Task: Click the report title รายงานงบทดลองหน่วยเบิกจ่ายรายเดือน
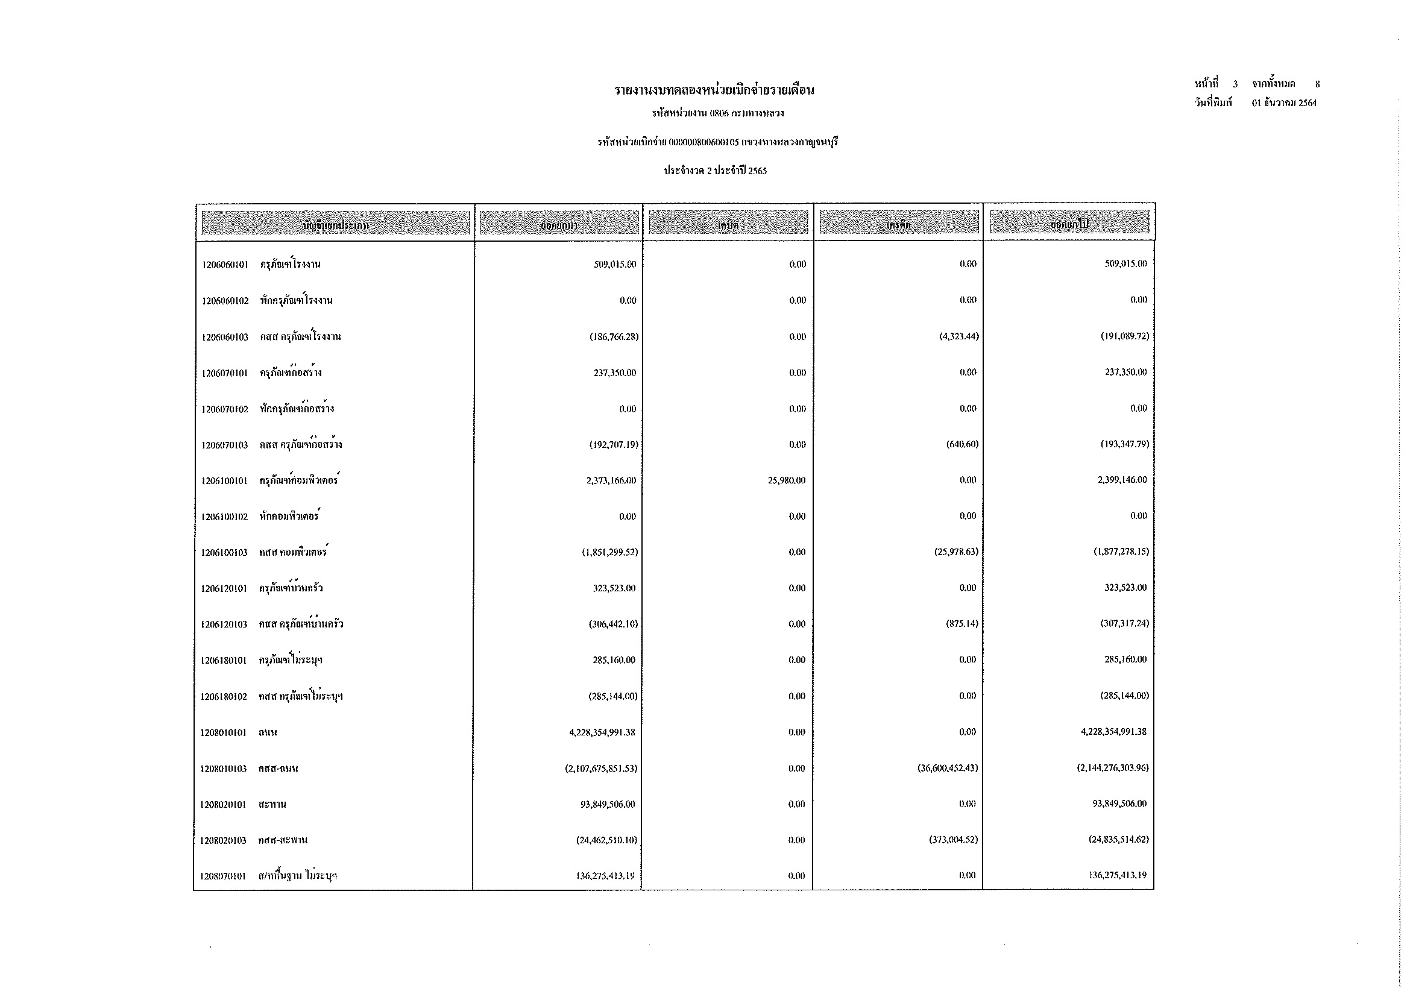pyautogui.click(x=714, y=90)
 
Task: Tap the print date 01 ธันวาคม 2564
pyautogui.click(x=1284, y=103)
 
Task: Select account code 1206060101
pyautogui.click(x=225, y=265)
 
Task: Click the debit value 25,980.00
pyautogui.click(x=786, y=480)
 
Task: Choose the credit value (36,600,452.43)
pyautogui.click(x=948, y=768)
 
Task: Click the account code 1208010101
pyautogui.click(x=223, y=732)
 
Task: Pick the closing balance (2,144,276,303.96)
pyautogui.click(x=1112, y=768)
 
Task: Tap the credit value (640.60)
pyautogui.click(x=962, y=444)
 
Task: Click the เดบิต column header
pyautogui.click(x=728, y=225)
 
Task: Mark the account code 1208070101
pyautogui.click(x=222, y=876)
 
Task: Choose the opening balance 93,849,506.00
pyautogui.click(x=608, y=804)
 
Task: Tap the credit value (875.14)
pyautogui.click(x=962, y=624)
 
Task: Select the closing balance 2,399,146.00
pyautogui.click(x=1122, y=480)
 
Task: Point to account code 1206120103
pyautogui.click(x=224, y=624)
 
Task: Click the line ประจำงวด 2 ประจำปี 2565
pyautogui.click(x=715, y=171)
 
